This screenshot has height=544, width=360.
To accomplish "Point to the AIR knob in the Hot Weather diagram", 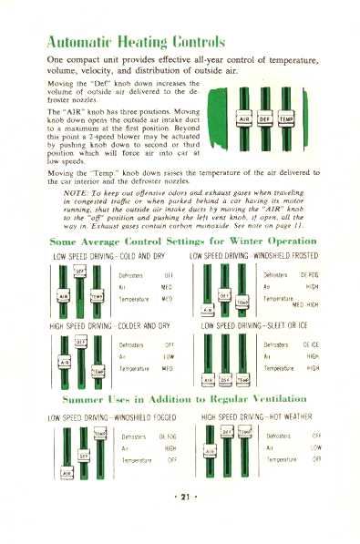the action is coord(211,450).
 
